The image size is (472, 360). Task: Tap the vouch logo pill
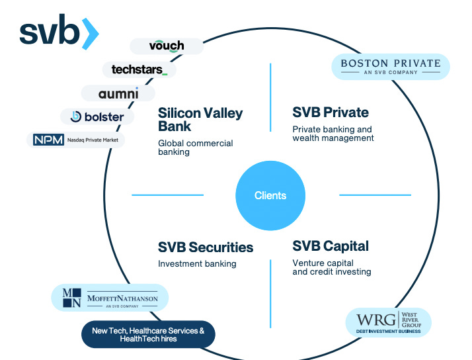(x=166, y=46)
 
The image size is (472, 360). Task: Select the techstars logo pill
(x=139, y=69)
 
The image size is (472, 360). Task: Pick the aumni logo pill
(x=118, y=93)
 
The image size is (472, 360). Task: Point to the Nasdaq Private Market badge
(x=75, y=140)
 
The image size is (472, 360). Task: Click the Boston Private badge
(x=390, y=67)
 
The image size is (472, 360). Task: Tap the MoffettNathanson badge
(x=110, y=298)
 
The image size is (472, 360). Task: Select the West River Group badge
(x=389, y=322)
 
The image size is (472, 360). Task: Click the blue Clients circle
(x=270, y=195)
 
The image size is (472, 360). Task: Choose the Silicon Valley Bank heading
(x=200, y=120)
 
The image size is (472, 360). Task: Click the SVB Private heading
(x=331, y=112)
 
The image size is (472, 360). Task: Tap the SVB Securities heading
(x=206, y=247)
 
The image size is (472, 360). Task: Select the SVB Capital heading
(x=331, y=246)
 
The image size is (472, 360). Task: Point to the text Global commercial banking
(x=195, y=148)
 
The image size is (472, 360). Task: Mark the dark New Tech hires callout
(x=148, y=334)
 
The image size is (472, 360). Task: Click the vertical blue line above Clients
(x=270, y=97)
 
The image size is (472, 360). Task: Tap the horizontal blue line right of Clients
(x=375, y=195)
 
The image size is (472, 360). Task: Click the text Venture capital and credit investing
(x=331, y=267)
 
